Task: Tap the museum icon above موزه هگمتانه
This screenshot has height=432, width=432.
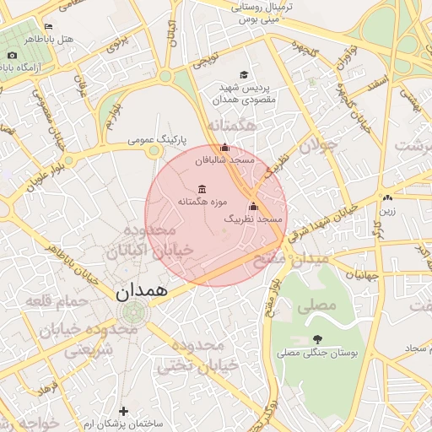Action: tap(201, 189)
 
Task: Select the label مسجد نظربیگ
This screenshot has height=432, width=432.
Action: tap(252, 219)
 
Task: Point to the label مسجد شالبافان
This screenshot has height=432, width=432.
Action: tap(224, 159)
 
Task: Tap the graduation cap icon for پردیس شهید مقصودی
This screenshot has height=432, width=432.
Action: tap(245, 75)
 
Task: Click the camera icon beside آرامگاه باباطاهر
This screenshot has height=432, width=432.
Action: tap(12, 56)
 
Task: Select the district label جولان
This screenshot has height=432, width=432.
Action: tap(320, 144)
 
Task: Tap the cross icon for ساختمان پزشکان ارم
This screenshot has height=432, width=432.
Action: tap(124, 411)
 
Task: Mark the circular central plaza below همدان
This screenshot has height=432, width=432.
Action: tap(133, 313)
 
